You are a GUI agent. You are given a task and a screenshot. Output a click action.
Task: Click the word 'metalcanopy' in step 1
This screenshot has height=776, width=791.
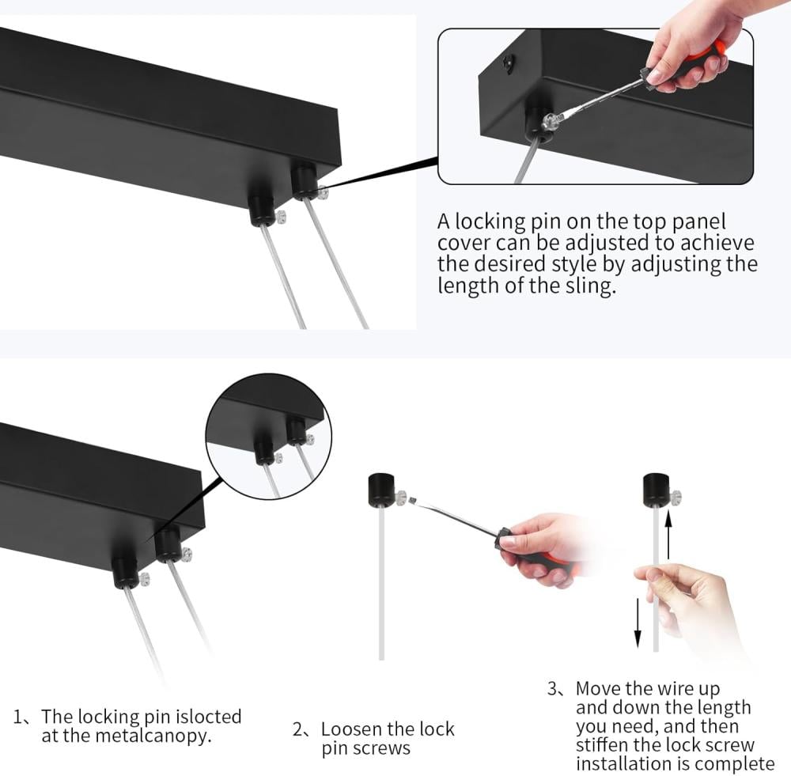coord(153,736)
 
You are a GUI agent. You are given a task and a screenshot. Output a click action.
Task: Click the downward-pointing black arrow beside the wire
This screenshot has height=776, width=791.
coord(638,623)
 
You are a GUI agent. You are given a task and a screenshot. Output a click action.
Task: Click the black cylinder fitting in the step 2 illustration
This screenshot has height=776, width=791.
coord(382,490)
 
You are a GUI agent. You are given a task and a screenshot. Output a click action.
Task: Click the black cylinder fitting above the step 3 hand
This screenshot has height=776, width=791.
coord(657,489)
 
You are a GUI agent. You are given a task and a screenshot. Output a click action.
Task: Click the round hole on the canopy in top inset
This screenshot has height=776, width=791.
coord(508,62)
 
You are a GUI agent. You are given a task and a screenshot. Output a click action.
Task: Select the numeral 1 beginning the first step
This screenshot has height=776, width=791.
coord(17,717)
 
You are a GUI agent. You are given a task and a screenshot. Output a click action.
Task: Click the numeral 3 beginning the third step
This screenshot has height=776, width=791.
coord(553,688)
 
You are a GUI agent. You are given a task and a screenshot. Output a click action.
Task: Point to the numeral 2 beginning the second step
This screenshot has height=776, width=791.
coord(297,729)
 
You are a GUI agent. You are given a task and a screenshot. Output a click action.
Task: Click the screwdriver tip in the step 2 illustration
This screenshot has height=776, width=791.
coord(412,501)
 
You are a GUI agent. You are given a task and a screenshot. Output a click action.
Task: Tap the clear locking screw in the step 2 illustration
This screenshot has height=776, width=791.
coord(401,497)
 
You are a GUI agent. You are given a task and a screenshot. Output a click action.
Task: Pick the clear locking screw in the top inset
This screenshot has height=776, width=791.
coord(550,122)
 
